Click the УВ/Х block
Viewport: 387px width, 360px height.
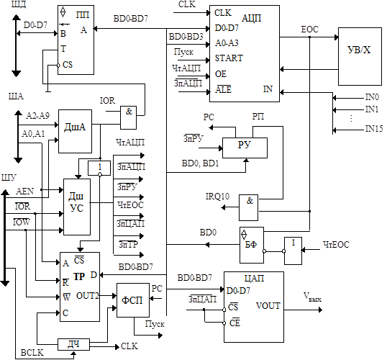[360, 56]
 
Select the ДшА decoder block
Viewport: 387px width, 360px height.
[75, 132]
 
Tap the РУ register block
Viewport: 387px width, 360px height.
[245, 148]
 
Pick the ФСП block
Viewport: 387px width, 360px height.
[133, 300]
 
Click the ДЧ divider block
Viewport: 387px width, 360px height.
[73, 344]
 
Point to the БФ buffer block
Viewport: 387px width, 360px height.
[252, 245]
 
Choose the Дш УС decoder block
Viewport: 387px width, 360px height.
[77, 207]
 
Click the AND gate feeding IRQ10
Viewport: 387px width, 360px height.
[249, 207]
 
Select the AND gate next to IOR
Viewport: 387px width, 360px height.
[128, 117]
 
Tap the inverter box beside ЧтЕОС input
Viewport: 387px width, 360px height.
[293, 251]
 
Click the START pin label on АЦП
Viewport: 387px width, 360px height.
[229, 58]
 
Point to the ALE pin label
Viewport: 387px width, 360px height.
[223, 89]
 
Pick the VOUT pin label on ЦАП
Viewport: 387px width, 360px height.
[268, 306]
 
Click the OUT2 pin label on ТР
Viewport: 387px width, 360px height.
[88, 295]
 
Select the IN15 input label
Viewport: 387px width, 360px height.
[374, 128]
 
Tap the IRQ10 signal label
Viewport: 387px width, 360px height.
[217, 197]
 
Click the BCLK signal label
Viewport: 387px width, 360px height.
[32, 353]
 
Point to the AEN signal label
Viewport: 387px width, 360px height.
[24, 191]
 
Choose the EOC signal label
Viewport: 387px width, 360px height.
[310, 30]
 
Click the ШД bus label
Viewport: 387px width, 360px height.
[19, 4]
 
